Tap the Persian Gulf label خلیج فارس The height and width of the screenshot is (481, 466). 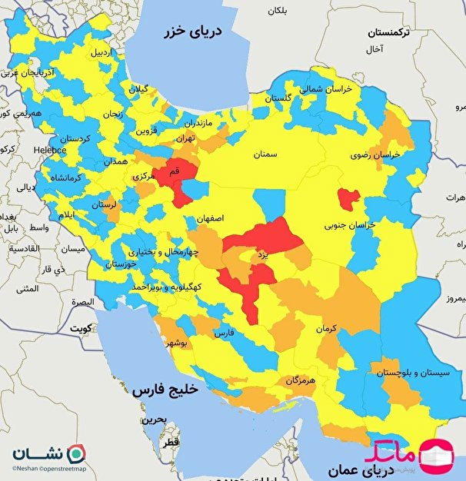[x=165, y=390]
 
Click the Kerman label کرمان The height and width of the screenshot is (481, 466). [x=327, y=328]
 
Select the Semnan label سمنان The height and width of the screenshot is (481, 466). [x=263, y=154]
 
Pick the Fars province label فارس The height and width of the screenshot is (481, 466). [x=223, y=334]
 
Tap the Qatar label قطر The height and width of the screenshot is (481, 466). [x=169, y=443]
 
